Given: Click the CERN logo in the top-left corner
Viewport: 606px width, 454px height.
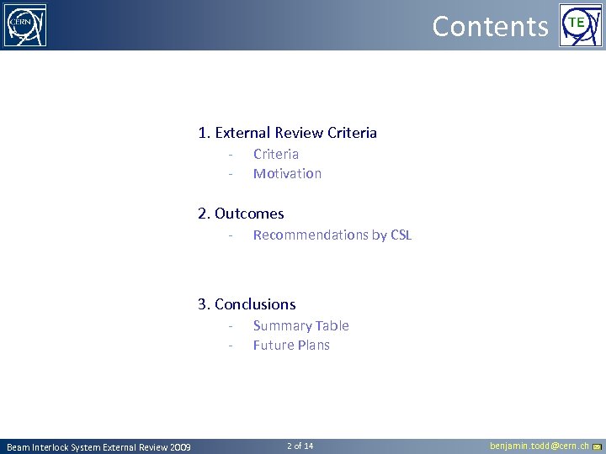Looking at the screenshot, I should coord(25,25).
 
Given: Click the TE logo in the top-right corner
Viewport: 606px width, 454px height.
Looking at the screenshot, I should coord(581,25).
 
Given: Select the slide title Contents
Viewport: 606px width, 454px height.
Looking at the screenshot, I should coord(490,26).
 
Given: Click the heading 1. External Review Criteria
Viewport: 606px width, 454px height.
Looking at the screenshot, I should coord(287,133).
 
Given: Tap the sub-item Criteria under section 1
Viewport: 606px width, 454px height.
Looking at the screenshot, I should coord(276,154).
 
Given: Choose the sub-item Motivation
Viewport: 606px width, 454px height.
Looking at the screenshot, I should coord(287,173).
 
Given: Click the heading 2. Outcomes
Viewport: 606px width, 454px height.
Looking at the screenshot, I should coord(241,214).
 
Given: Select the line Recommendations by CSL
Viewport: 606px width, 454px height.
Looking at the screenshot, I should coord(332,235).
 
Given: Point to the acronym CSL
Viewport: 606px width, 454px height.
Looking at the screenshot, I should coord(401,235).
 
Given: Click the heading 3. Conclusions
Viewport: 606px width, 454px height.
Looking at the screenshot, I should coord(247,304).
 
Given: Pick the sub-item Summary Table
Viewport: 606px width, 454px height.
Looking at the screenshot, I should coord(300,325).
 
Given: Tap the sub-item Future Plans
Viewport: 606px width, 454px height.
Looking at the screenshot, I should coord(291,345).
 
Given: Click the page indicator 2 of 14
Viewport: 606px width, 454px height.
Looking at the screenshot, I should coord(300,446).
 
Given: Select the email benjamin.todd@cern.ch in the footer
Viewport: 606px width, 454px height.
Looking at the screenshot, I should coord(539,446).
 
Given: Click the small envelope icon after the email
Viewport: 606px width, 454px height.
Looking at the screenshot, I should coord(597,446).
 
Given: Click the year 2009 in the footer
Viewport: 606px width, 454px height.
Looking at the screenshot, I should coord(179,447).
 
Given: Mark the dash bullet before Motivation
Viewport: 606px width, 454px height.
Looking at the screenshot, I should coord(229,174).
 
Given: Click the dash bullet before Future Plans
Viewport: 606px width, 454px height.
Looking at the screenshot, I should coord(229,346).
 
